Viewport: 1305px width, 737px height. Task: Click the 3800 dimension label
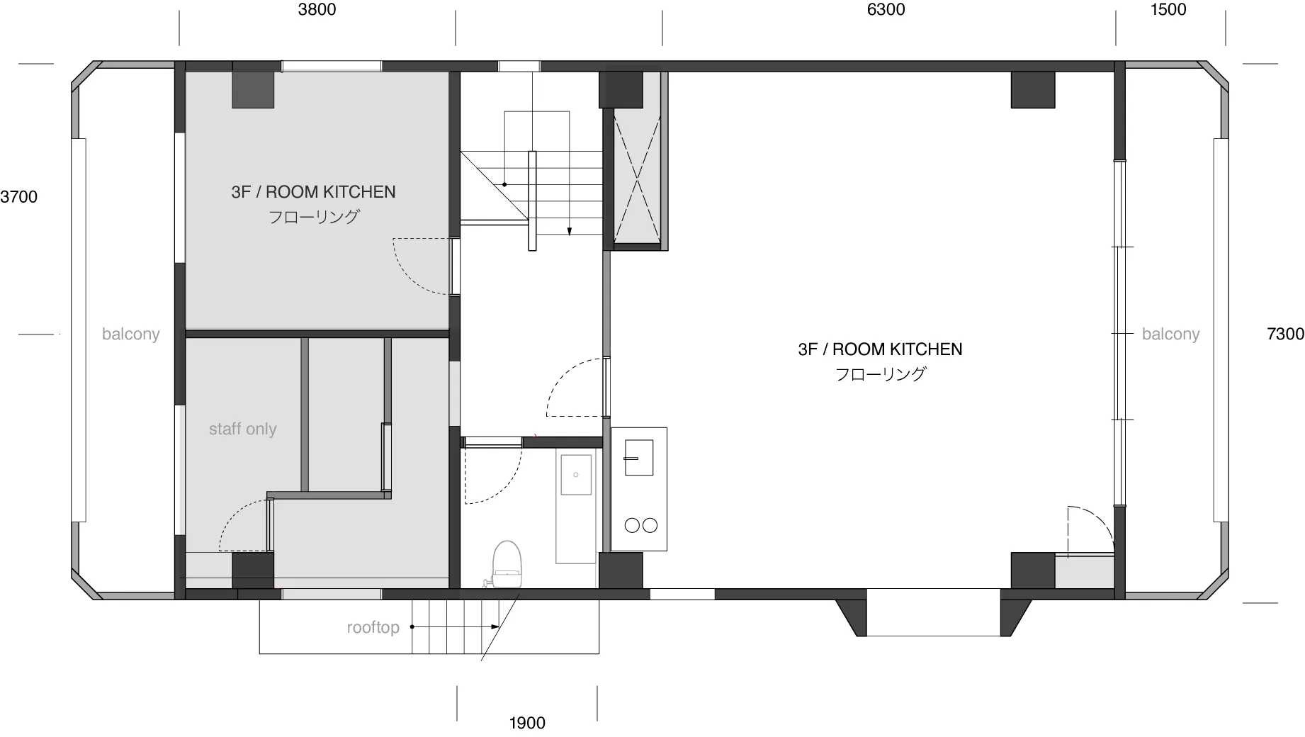[x=317, y=9]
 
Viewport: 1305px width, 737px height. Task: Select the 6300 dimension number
[x=886, y=9]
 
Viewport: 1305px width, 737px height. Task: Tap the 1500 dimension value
[x=1168, y=9]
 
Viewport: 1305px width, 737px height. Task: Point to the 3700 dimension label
[x=18, y=197]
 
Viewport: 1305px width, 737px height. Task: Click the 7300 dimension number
[x=1285, y=334]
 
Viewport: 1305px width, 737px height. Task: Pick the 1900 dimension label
[x=527, y=723]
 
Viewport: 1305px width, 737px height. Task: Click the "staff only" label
[x=242, y=429]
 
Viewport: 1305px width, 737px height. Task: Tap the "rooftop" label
[x=373, y=628]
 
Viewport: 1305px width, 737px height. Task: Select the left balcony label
[x=131, y=334]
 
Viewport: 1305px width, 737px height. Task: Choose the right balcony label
[x=1170, y=334]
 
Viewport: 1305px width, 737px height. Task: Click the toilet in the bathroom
[x=506, y=565]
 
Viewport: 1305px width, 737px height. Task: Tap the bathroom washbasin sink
[x=576, y=474]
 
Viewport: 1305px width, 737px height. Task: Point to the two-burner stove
[x=640, y=525]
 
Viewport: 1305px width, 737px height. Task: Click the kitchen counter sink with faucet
[x=638, y=457]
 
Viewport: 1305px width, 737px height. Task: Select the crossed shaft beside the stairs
[x=638, y=177]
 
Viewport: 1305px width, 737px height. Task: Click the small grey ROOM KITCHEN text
[x=313, y=192]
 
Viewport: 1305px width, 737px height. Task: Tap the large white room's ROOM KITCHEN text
[x=880, y=349]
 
